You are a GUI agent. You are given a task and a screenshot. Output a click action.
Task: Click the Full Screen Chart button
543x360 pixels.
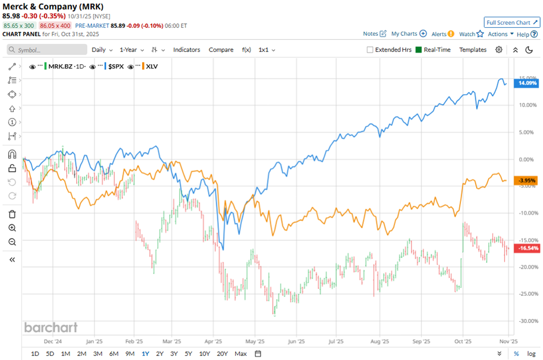click(512, 23)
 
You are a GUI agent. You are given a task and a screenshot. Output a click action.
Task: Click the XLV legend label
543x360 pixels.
click(152, 66)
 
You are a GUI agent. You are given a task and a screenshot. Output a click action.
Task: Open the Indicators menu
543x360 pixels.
click(187, 50)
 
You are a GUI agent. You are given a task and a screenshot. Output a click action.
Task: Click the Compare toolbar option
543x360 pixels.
click(221, 50)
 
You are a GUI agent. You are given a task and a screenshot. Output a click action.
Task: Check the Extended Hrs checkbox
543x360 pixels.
click(370, 50)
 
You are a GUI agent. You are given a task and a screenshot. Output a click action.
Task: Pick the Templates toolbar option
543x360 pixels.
click(473, 50)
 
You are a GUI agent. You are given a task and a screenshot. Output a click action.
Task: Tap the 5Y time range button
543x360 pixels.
click(188, 354)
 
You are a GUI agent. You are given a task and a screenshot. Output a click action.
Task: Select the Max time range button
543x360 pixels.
click(241, 354)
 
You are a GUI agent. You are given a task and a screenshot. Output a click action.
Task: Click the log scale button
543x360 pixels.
click(531, 354)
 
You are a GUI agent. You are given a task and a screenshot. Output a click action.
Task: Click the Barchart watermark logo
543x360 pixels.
click(50, 328)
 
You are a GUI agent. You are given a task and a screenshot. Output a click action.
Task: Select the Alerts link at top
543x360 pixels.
click(439, 34)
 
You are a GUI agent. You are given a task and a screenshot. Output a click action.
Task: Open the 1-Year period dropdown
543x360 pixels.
click(132, 50)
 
